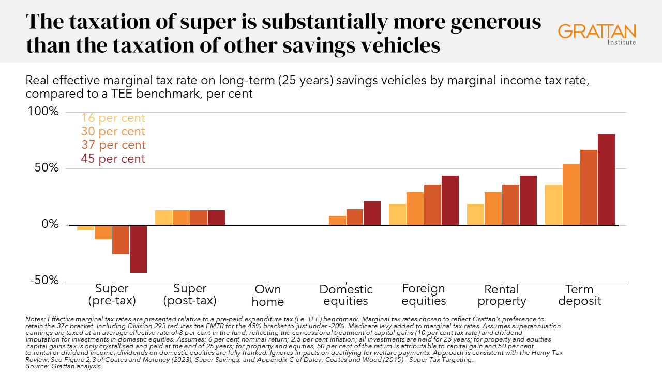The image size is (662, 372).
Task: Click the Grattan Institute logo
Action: click(x=597, y=33)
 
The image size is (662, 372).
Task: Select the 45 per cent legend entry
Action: click(x=113, y=159)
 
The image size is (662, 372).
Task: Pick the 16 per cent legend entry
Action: click(x=113, y=118)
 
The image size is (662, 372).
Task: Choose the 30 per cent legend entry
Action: click(x=113, y=131)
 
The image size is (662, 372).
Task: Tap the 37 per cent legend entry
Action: click(x=113, y=145)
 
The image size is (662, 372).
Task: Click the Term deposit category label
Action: click(x=579, y=295)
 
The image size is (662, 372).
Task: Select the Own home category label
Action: click(x=267, y=295)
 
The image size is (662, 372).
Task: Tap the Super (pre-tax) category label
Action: click(x=112, y=295)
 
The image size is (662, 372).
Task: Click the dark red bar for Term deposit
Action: click(x=606, y=180)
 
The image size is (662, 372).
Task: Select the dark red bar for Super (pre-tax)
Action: click(x=138, y=249)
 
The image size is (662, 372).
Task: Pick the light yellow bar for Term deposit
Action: click(x=553, y=205)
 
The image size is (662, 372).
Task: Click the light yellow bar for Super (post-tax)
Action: click(x=163, y=218)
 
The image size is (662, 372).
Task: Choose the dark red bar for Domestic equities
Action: click(x=372, y=213)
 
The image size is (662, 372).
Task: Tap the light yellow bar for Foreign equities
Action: click(x=397, y=214)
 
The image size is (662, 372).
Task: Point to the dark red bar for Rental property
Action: click(x=528, y=200)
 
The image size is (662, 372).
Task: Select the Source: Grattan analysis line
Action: click(x=64, y=366)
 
